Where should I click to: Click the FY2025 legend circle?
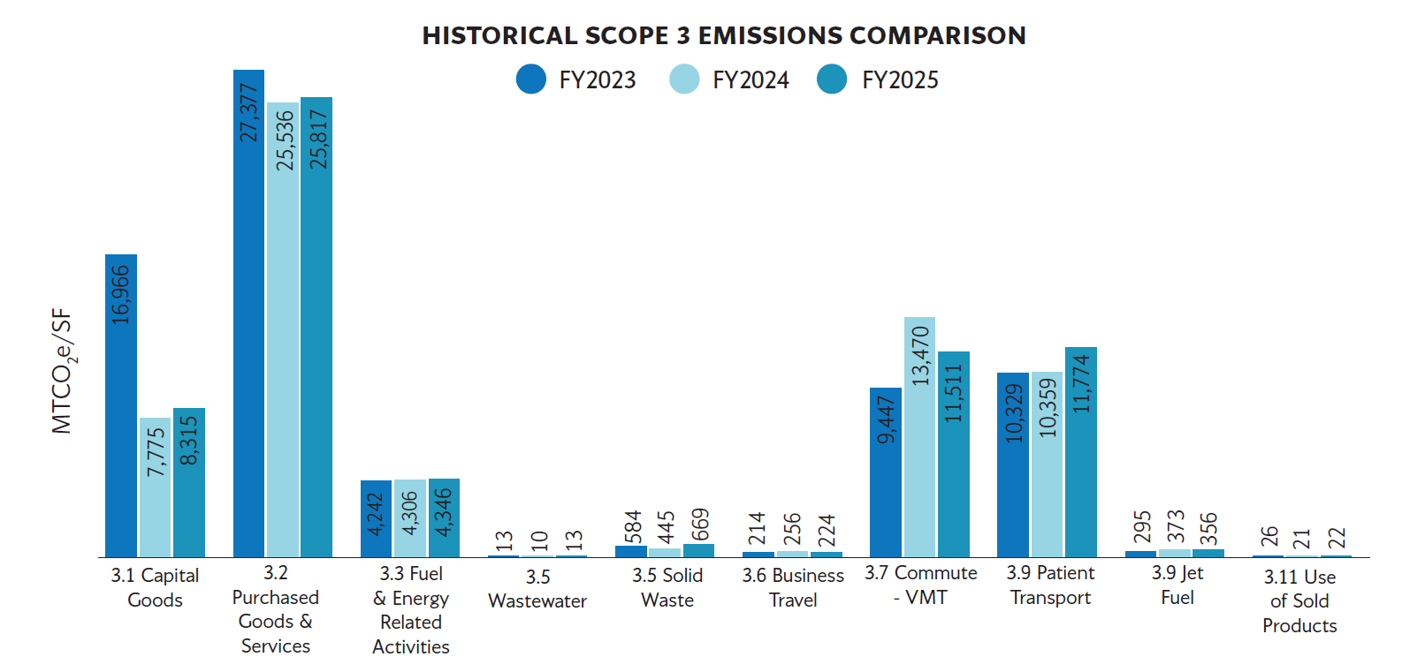[832, 79]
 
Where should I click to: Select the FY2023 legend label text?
[597, 80]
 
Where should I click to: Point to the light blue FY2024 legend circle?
[683, 79]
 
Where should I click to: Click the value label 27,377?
[249, 112]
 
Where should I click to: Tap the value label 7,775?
[156, 452]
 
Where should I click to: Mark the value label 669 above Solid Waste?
[699, 525]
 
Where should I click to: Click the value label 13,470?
[920, 355]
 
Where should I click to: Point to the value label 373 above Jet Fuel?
[1175, 526]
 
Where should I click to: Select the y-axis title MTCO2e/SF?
[62, 371]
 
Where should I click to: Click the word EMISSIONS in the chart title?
[769, 35]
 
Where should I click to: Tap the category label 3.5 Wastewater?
[537, 589]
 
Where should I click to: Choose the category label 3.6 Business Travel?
[793, 587]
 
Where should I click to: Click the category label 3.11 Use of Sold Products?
[1299, 601]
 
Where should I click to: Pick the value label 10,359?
[1048, 408]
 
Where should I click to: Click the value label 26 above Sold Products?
[1269, 536]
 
